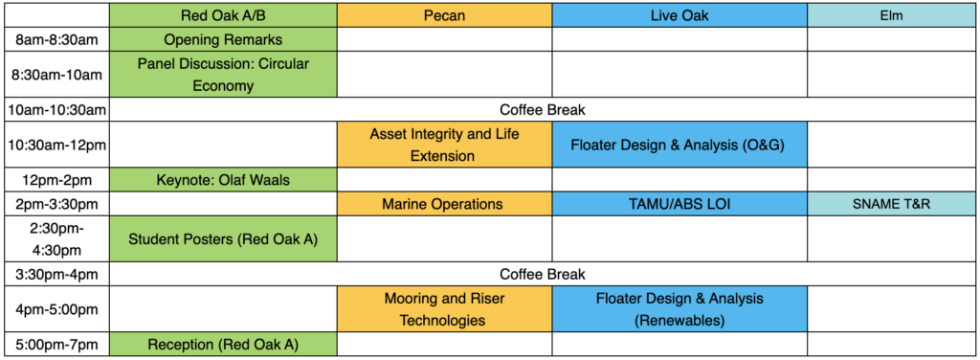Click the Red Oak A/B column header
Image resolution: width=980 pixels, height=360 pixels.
click(x=223, y=15)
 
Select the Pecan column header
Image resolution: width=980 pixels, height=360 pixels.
click(x=444, y=15)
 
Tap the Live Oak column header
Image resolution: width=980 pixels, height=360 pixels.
click(x=679, y=15)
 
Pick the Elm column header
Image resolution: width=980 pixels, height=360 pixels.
click(x=891, y=15)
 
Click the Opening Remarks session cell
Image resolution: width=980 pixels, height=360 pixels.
click(x=223, y=39)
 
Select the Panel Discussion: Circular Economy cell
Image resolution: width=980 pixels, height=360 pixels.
click(x=223, y=75)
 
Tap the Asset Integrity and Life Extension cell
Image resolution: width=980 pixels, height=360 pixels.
click(x=444, y=145)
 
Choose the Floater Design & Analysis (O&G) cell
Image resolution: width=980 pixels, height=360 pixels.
click(x=679, y=145)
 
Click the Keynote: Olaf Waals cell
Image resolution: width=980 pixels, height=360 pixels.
click(x=223, y=180)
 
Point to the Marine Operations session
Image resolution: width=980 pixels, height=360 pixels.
click(x=444, y=204)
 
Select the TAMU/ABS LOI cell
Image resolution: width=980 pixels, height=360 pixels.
click(x=679, y=204)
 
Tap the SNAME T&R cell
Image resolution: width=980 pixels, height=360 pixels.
click(x=891, y=204)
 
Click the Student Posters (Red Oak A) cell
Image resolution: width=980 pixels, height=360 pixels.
click(x=223, y=238)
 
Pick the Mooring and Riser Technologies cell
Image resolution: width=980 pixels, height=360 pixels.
click(x=444, y=309)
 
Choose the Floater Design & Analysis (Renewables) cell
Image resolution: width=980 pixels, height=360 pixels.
click(x=679, y=309)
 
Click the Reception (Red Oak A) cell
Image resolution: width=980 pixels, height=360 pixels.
click(x=223, y=344)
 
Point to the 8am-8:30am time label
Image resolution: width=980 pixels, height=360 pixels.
click(x=56, y=39)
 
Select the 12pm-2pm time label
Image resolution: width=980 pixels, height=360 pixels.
click(x=56, y=180)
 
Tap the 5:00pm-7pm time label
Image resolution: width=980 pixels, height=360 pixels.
click(x=56, y=344)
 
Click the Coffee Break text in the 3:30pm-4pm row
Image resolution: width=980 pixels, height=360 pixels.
click(x=543, y=274)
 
